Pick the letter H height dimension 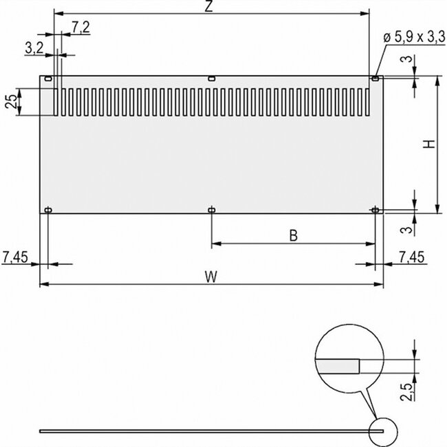coord(428,144)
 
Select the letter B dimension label coord(292,236)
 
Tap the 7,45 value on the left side coord(16,257)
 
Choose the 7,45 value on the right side coord(411,257)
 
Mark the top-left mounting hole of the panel coord(48,80)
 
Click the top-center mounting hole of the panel coord(211,80)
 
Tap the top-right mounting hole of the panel coord(375,80)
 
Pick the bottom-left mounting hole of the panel coord(48,209)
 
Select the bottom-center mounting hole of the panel coord(211,209)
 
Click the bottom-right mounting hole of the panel coord(375,209)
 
